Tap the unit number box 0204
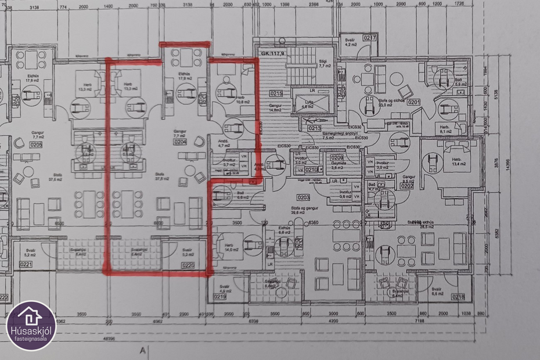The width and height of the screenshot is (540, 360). [180, 141]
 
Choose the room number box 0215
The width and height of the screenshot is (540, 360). [276, 93]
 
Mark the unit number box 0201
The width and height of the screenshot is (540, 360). [413, 102]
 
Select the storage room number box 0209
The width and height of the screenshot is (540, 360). [337, 157]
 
